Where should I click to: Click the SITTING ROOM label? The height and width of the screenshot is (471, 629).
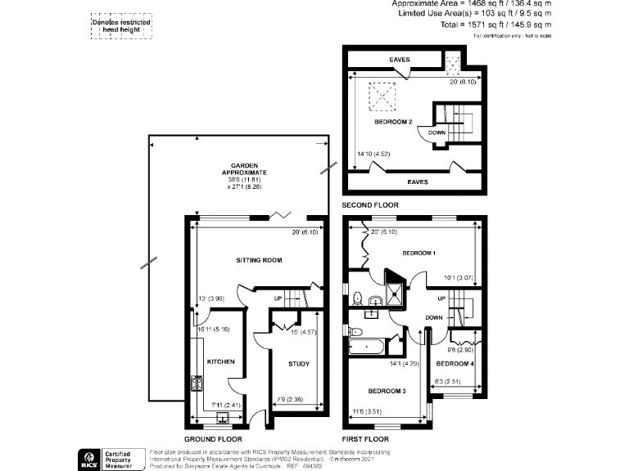pos(259,260)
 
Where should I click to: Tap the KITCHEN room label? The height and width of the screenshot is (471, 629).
pos(220,361)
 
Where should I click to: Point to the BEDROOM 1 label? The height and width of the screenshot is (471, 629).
pos(418,253)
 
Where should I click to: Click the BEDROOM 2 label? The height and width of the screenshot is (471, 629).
pos(392,122)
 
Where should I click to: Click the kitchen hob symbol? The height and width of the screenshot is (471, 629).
pos(197,383)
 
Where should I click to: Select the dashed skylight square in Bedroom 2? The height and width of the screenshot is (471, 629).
pos(381,96)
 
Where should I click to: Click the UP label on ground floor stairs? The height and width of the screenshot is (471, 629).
pos(278,298)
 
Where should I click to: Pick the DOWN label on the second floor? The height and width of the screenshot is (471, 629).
pos(437,132)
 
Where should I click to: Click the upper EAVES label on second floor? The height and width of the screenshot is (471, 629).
pos(400,60)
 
